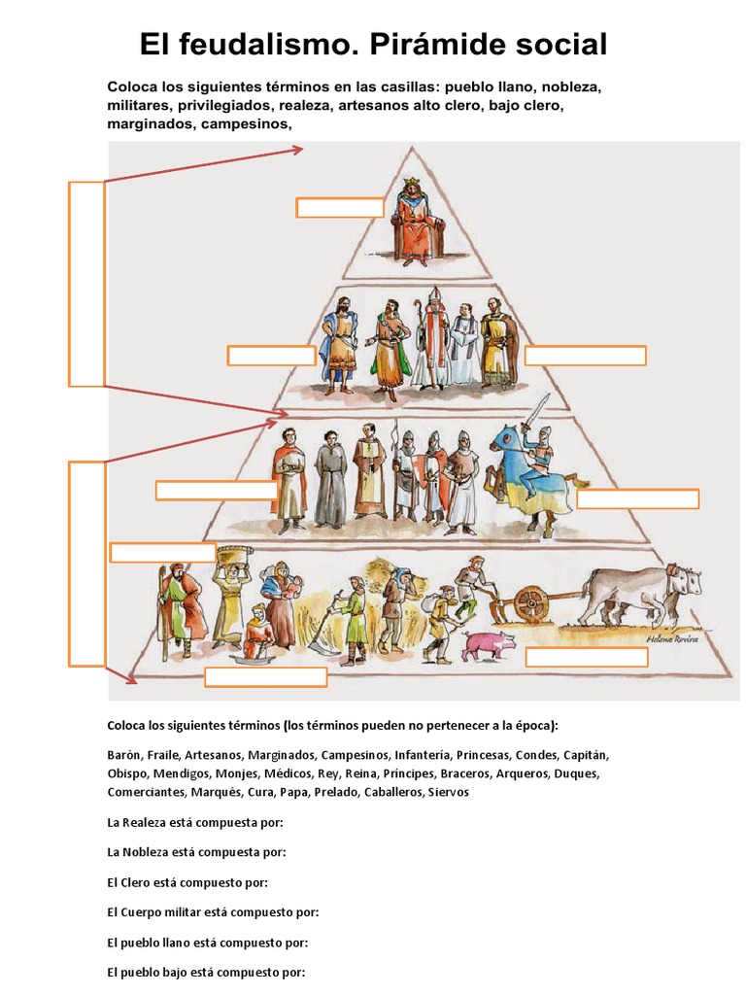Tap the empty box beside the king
[340, 207]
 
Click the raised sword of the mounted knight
[540, 408]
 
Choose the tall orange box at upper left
[86, 283]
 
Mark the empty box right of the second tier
[585, 355]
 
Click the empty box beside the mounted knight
[637, 498]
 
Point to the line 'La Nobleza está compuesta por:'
[196, 852]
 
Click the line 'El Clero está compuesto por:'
[187, 882]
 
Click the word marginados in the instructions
[151, 123]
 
